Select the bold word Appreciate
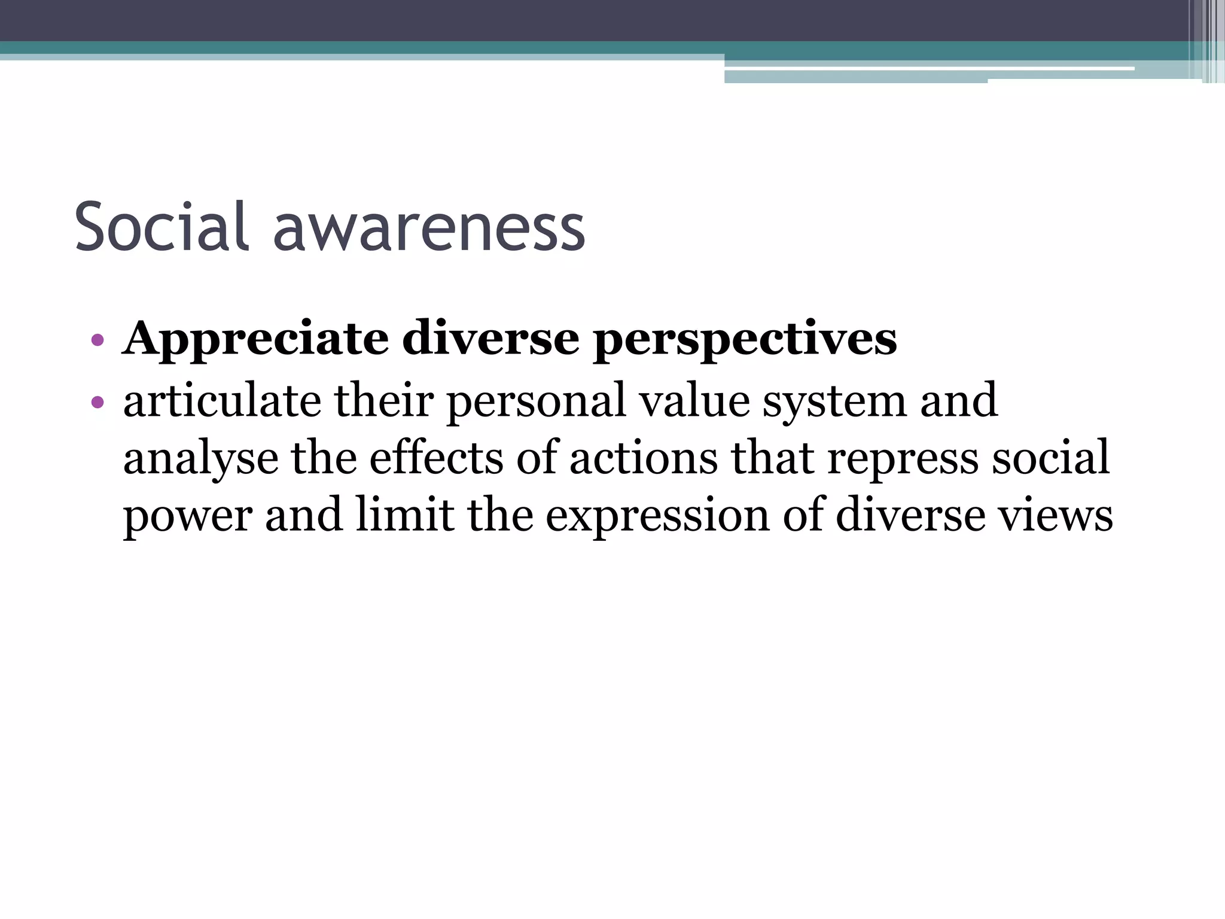coord(255,340)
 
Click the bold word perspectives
coord(745,340)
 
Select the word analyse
coord(200,458)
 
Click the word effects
coord(436,457)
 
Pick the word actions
coord(644,457)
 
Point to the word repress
coord(903,458)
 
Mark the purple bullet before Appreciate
coord(97,341)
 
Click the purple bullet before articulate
coord(97,401)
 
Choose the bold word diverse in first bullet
coord(490,340)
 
